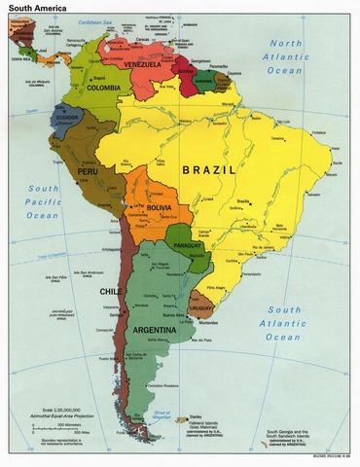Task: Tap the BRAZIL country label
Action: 209,168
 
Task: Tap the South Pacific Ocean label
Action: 42,201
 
